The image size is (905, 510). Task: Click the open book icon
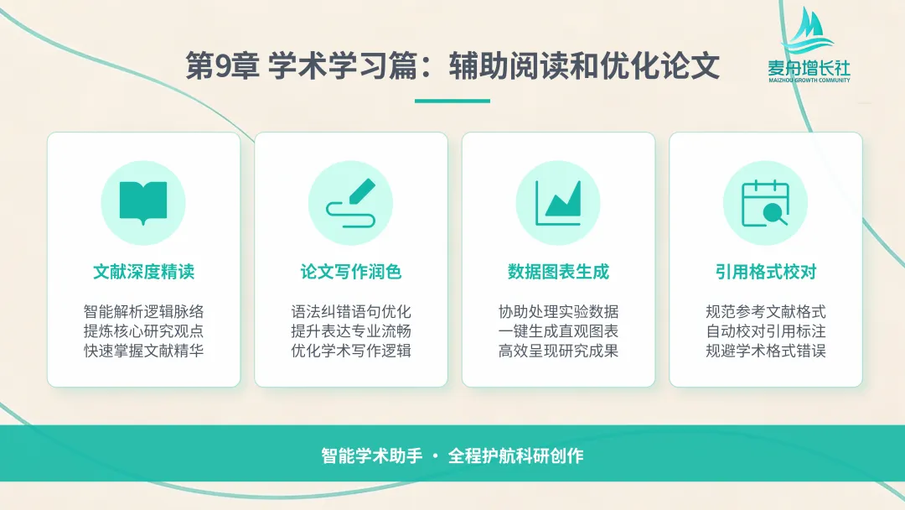pyautogui.click(x=143, y=203)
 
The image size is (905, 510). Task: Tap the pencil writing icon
pyautogui.click(x=350, y=203)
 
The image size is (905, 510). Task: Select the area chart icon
pyautogui.click(x=558, y=203)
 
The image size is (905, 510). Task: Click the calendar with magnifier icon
pyautogui.click(x=765, y=203)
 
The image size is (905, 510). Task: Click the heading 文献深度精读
pyautogui.click(x=144, y=272)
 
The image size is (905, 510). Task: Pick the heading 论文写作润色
pyautogui.click(x=351, y=272)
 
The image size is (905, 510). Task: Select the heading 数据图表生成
pyautogui.click(x=558, y=272)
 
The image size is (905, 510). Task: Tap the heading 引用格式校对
pyautogui.click(x=766, y=272)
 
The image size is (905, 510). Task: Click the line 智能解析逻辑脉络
pyautogui.click(x=144, y=312)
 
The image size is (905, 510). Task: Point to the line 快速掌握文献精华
pyautogui.click(x=144, y=351)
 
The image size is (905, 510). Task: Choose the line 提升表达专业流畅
pyautogui.click(x=351, y=331)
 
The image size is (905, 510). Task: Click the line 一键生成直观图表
pyautogui.click(x=558, y=331)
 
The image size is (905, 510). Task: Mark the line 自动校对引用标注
pyautogui.click(x=766, y=331)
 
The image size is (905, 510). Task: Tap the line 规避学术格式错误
pyautogui.click(x=766, y=351)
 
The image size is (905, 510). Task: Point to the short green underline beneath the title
pyautogui.click(x=452, y=101)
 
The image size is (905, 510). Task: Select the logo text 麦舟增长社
pyautogui.click(x=809, y=68)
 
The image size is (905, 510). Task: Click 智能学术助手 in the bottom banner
pyautogui.click(x=372, y=455)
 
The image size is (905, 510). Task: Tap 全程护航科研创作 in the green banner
pyautogui.click(x=516, y=455)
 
